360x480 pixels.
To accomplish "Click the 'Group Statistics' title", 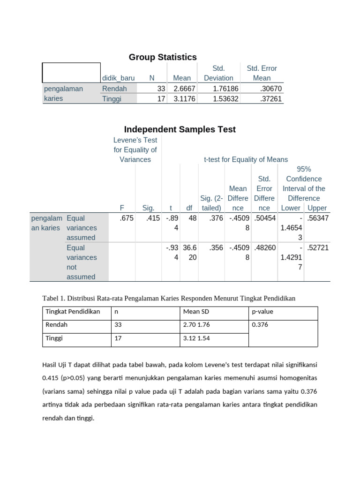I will click(163, 57).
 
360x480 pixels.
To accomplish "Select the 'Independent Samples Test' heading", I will click(180, 129).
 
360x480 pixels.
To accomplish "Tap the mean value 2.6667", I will click(185, 89).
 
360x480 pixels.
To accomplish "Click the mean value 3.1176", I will click(185, 99).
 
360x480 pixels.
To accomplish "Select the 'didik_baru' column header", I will click(118, 78).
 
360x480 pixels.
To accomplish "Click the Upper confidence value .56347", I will click(317, 218).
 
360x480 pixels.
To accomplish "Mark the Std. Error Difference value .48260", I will click(265, 247).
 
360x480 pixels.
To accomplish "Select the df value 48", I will click(192, 218).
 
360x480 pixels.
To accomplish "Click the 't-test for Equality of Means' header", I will click(246, 159).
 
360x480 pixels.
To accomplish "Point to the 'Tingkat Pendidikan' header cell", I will click(73, 312).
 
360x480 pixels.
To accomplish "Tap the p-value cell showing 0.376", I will click(260, 324).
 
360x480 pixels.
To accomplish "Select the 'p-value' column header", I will click(262, 312).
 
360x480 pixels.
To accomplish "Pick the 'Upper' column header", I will click(317, 208).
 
